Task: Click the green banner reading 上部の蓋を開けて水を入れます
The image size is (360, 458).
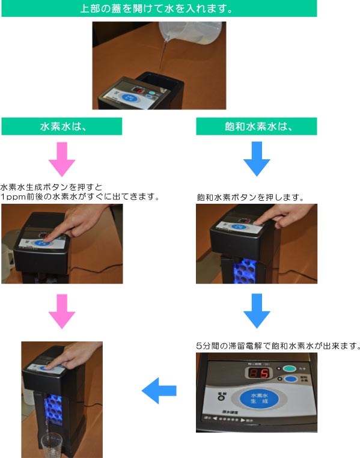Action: tap(157, 9)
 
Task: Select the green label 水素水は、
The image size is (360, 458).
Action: tap(62, 126)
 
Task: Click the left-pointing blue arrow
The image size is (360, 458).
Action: tap(159, 391)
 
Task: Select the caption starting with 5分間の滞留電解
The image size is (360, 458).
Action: tap(278, 346)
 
